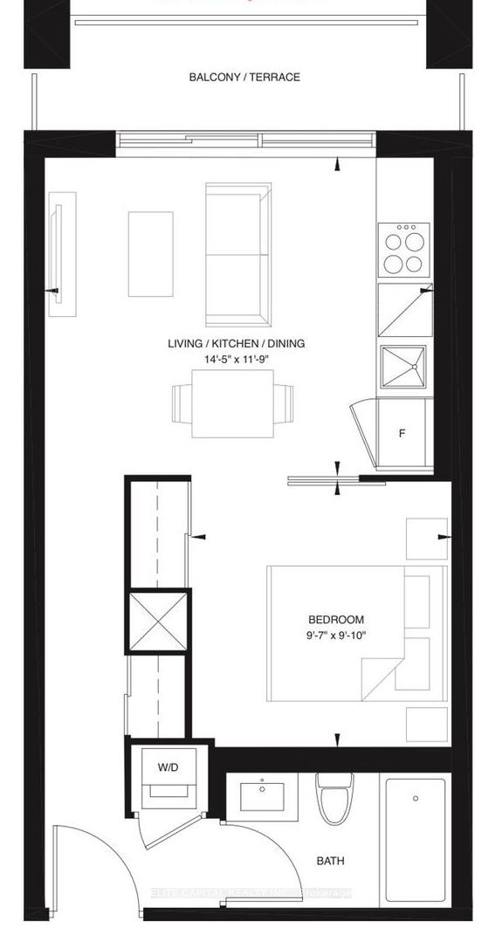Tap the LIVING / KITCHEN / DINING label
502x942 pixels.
pyautogui.click(x=237, y=344)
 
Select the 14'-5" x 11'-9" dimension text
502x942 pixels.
pyautogui.click(x=236, y=359)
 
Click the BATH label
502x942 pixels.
pyautogui.click(x=330, y=861)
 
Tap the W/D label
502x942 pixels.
pyautogui.click(x=168, y=768)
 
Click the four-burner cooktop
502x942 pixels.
pyautogui.click(x=403, y=251)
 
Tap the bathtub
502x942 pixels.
pyautogui.click(x=416, y=839)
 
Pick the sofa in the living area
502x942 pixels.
pyautogui.click(x=237, y=254)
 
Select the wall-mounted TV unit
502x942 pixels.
pyautogui.click(x=62, y=253)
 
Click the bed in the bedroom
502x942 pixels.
pyautogui.click(x=349, y=633)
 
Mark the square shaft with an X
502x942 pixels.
pyautogui.click(x=157, y=622)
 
